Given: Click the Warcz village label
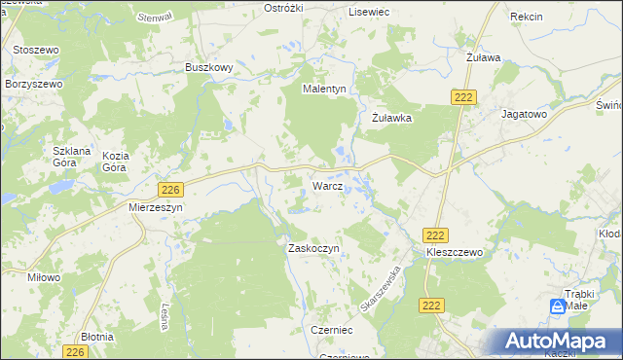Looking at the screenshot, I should click(326, 185).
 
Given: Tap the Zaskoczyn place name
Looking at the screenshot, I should click(312, 248).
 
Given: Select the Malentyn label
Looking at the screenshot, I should click(324, 89).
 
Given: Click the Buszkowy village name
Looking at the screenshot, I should click(208, 68).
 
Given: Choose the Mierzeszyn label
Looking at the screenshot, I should click(156, 207).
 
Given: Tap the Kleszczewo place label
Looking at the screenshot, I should click(455, 251).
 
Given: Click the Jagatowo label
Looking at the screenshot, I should click(524, 114).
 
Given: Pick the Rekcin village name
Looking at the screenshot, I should click(526, 18).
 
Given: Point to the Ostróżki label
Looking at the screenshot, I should click(285, 8).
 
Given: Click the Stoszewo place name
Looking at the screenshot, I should click(38, 49).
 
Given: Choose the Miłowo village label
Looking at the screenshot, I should click(44, 277).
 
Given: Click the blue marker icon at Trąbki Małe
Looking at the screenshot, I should click(557, 306).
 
